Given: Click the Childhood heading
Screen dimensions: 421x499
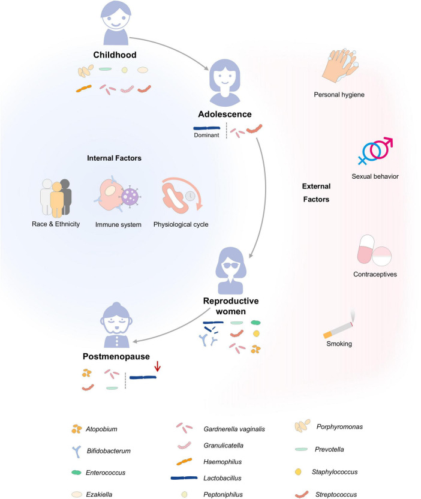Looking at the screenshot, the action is (x=115, y=55).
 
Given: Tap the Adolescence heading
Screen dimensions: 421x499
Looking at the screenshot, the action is (x=225, y=114).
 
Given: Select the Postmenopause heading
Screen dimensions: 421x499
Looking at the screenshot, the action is (x=116, y=356).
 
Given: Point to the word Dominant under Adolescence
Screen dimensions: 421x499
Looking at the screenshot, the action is (x=206, y=135).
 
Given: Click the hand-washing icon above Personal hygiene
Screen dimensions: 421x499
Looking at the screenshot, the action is (x=339, y=66).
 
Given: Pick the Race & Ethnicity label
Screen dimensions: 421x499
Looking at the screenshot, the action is (x=56, y=224).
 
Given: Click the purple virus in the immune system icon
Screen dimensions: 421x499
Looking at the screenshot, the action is (x=130, y=197).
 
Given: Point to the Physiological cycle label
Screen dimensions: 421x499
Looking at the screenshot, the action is (x=181, y=224).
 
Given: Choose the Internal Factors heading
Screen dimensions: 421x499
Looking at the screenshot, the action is (x=114, y=158).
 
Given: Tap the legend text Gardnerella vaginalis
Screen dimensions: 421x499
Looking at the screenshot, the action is (x=234, y=429).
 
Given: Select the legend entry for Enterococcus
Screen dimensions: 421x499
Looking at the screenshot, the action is (x=106, y=473).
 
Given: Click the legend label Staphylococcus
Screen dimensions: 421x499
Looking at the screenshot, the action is (x=335, y=472).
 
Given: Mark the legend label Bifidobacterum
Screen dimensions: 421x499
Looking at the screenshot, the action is (x=109, y=451).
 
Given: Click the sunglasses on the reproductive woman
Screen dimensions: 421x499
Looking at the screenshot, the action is (x=231, y=266).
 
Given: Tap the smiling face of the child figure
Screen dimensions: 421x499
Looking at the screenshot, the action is (x=116, y=20).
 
